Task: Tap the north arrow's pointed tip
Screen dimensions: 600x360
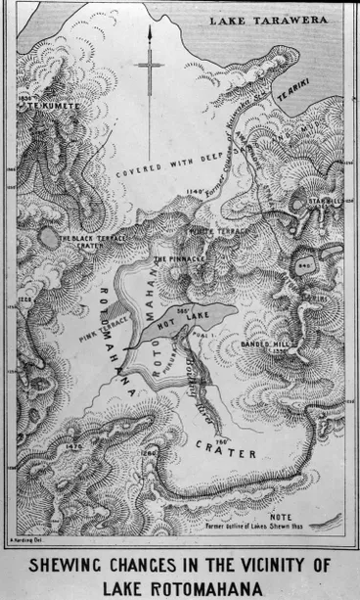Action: [x=149, y=30]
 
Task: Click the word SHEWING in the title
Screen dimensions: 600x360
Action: [x=67, y=564]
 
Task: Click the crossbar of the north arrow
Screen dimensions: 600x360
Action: [x=150, y=67]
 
